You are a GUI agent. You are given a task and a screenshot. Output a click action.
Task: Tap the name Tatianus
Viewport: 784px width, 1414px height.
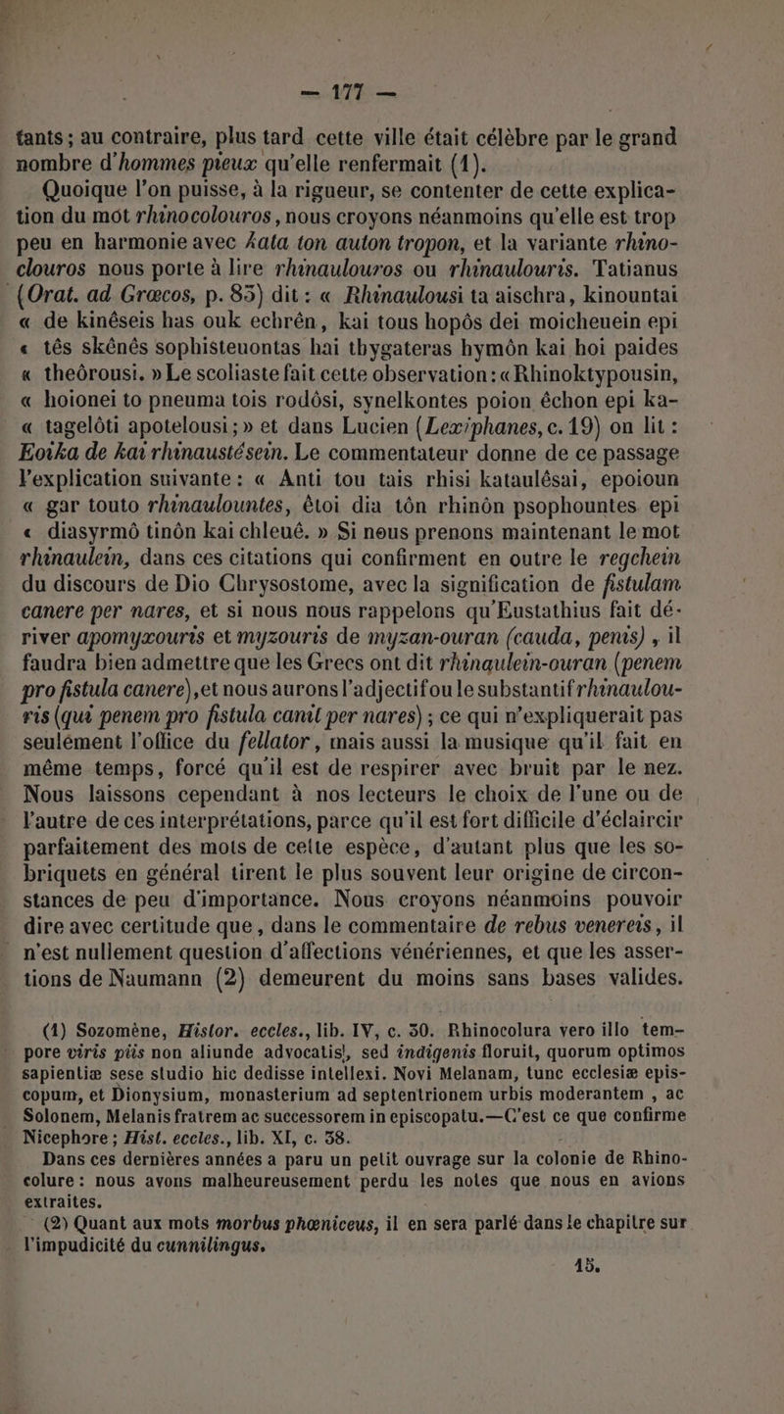point(694,270)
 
